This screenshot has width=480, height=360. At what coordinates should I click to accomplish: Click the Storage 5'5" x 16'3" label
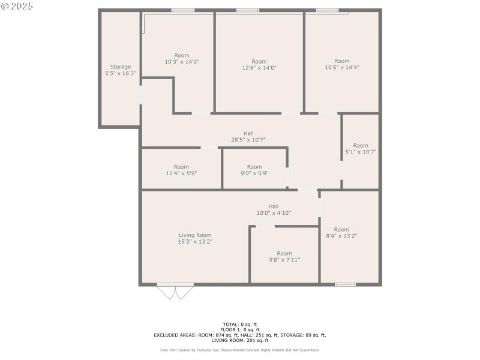coord(120,70)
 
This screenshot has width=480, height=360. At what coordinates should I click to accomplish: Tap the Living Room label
coord(195,238)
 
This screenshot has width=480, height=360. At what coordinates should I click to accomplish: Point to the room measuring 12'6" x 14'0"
coord(259,65)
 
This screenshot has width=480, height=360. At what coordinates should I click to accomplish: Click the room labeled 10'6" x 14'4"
coord(341,64)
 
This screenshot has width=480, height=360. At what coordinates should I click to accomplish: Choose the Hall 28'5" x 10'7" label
coord(248,136)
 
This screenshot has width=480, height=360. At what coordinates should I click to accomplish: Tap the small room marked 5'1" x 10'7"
coord(361,149)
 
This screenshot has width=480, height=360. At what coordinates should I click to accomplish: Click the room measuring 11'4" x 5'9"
coord(181,170)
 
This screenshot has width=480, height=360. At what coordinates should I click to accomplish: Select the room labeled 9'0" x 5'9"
coord(254,170)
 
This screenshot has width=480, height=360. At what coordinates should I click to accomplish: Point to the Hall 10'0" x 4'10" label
coord(274,209)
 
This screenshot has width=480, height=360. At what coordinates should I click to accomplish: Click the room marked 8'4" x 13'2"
coord(341,233)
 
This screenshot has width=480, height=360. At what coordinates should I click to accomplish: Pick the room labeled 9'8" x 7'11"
coord(284,256)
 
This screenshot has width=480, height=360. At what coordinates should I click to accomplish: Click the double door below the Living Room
coord(175,292)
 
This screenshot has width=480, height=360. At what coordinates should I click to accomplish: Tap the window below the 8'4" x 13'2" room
coord(345,284)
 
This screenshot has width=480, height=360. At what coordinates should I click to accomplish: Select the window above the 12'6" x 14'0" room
coord(247,10)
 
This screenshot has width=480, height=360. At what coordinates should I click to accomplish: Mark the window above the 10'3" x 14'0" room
coord(182,10)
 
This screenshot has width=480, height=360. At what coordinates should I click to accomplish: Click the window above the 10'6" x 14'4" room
coord(327,10)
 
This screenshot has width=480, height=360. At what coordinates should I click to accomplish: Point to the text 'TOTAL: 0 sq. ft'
coord(240,325)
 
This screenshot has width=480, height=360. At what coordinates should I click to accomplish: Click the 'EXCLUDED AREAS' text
coord(174,335)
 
